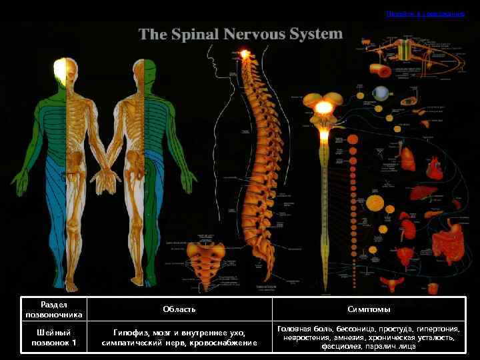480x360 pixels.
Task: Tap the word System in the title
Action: pos(317,33)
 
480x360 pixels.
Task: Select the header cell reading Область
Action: pos(179,309)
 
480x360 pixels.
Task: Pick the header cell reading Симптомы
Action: pos(369,309)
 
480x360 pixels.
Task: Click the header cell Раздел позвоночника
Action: pos(54,309)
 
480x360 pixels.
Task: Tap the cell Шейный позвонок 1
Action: pos(54,337)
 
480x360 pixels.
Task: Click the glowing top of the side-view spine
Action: pos(245,53)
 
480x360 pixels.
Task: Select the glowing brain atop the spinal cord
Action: pos(324,107)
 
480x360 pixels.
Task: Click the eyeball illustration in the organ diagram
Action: pos(381,93)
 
